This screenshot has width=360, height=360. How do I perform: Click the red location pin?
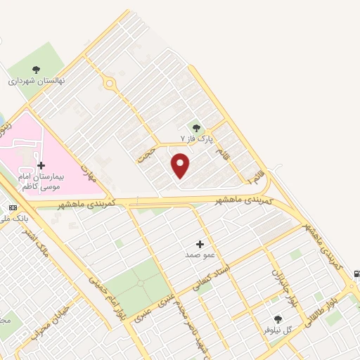[x=181, y=165]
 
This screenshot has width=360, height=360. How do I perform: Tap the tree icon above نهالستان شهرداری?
[x=36, y=69]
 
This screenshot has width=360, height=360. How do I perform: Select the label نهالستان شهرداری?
[x=37, y=81]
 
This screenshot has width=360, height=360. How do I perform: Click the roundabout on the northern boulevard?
[x=109, y=84]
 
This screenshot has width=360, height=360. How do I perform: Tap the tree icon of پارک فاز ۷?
[x=196, y=128]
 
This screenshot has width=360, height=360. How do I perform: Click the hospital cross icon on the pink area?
[x=41, y=165]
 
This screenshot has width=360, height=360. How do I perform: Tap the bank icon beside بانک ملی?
[x=12, y=208]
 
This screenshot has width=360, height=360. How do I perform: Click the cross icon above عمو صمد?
[x=200, y=244]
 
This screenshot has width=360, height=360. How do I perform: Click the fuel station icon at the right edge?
[x=356, y=273]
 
